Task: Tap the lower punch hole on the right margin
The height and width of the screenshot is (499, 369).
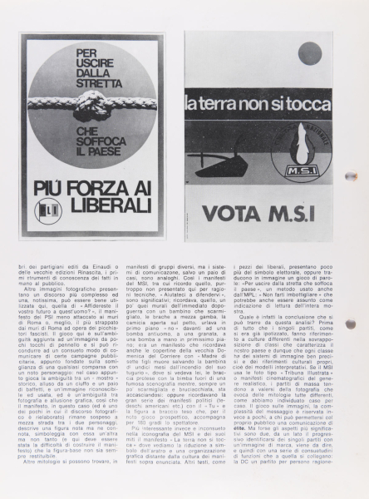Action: point(350,324)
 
